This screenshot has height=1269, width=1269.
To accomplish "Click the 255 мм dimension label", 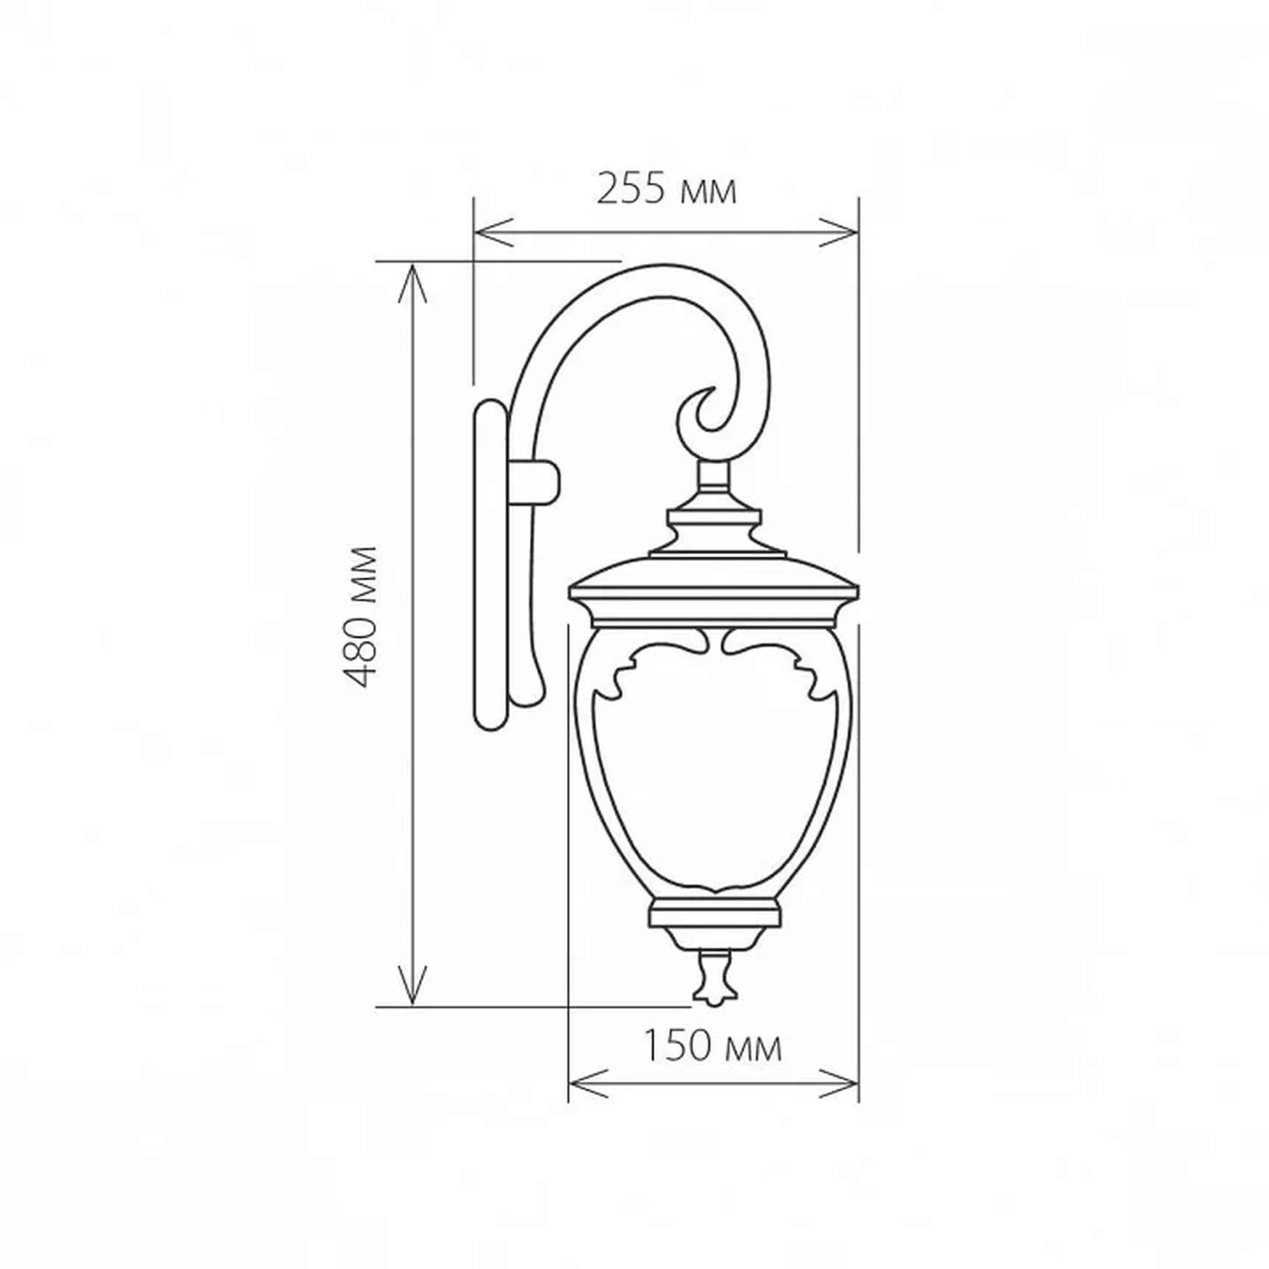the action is [x=666, y=190].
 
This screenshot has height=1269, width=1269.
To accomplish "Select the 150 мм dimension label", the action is [x=713, y=1046].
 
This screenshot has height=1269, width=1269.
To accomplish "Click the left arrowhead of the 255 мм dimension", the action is [x=494, y=232].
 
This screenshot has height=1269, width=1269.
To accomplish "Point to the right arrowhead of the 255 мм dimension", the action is [x=839, y=232].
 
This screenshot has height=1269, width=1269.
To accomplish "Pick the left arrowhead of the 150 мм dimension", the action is [x=589, y=1083].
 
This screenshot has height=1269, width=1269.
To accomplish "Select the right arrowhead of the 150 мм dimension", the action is [x=839, y=1083].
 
